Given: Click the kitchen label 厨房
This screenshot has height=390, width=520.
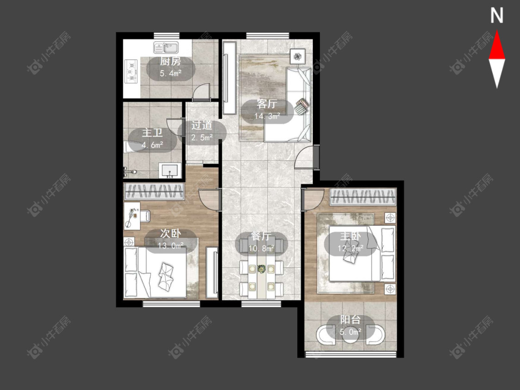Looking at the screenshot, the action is pos(171,61).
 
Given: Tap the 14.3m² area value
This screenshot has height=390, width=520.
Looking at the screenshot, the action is pos(267,116).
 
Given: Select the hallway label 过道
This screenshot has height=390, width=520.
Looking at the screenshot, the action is pos(202,125).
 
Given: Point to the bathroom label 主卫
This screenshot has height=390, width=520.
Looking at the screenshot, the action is pos(152,133).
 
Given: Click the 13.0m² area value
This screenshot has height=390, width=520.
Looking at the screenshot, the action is pos(171,246).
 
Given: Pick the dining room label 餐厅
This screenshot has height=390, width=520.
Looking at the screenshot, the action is pos(261,236).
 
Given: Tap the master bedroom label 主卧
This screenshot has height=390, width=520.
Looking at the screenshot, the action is pos(350,237).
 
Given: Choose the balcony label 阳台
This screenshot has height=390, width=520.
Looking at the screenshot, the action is pos(350,320).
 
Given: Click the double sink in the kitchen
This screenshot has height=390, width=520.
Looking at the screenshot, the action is pos(166,48).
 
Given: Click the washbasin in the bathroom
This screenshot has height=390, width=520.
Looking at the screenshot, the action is pos(170,171).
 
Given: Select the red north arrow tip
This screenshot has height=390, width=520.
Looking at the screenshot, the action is pos(497,31).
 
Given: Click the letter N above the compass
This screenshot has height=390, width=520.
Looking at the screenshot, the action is pos(497,16).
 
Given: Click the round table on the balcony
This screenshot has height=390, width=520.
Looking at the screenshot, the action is pos(350,335).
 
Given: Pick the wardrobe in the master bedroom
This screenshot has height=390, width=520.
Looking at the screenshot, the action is pos(363,197).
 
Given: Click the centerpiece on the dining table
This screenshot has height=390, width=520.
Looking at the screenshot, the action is pos(262,268).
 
